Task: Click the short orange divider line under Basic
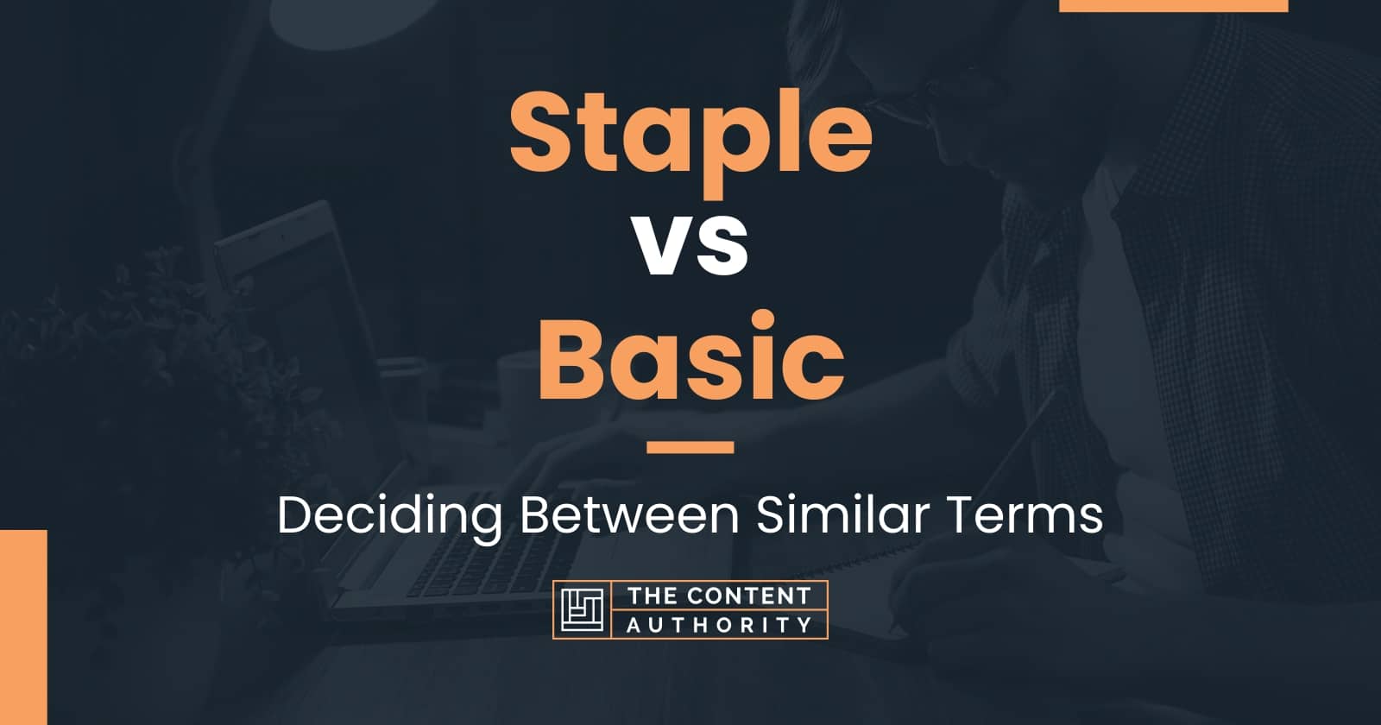coord(690,447)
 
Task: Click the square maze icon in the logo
coord(582,609)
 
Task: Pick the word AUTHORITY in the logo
coord(719,624)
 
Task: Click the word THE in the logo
coord(653,596)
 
